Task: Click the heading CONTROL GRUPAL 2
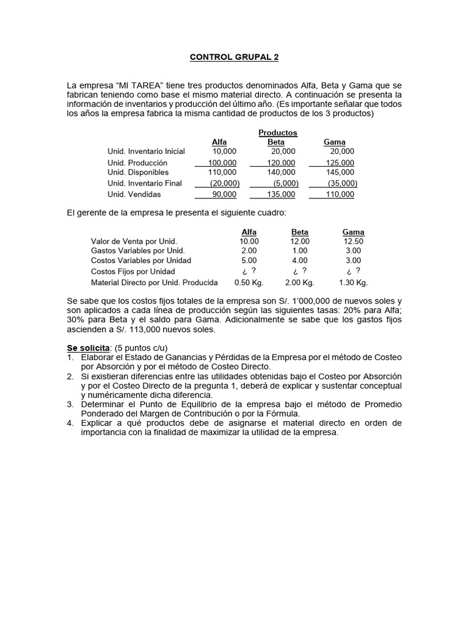click(x=234, y=57)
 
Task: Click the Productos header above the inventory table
click(x=277, y=132)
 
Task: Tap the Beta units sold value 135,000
click(x=282, y=194)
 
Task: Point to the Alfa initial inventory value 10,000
click(x=224, y=151)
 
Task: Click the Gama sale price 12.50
click(x=354, y=241)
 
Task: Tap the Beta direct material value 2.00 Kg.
click(x=300, y=283)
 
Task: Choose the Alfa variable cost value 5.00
click(x=249, y=261)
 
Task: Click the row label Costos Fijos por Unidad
click(x=133, y=271)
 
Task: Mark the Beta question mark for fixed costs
click(x=300, y=271)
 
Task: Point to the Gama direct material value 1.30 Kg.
click(x=353, y=283)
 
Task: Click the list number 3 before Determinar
click(x=70, y=404)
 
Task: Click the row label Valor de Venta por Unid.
click(x=134, y=241)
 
